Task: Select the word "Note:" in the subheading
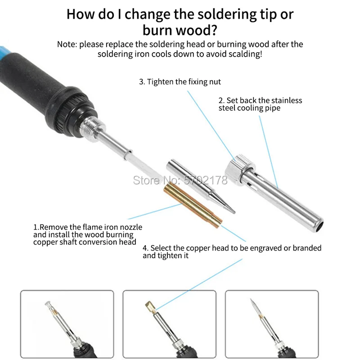(67, 44)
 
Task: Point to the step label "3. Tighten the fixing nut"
(180, 82)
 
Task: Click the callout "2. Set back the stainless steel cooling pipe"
(260, 104)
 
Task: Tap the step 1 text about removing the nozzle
(88, 234)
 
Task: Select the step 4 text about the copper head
(232, 252)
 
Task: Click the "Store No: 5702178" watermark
(180, 180)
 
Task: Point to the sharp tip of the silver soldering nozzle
(234, 212)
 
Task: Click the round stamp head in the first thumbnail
(49, 305)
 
